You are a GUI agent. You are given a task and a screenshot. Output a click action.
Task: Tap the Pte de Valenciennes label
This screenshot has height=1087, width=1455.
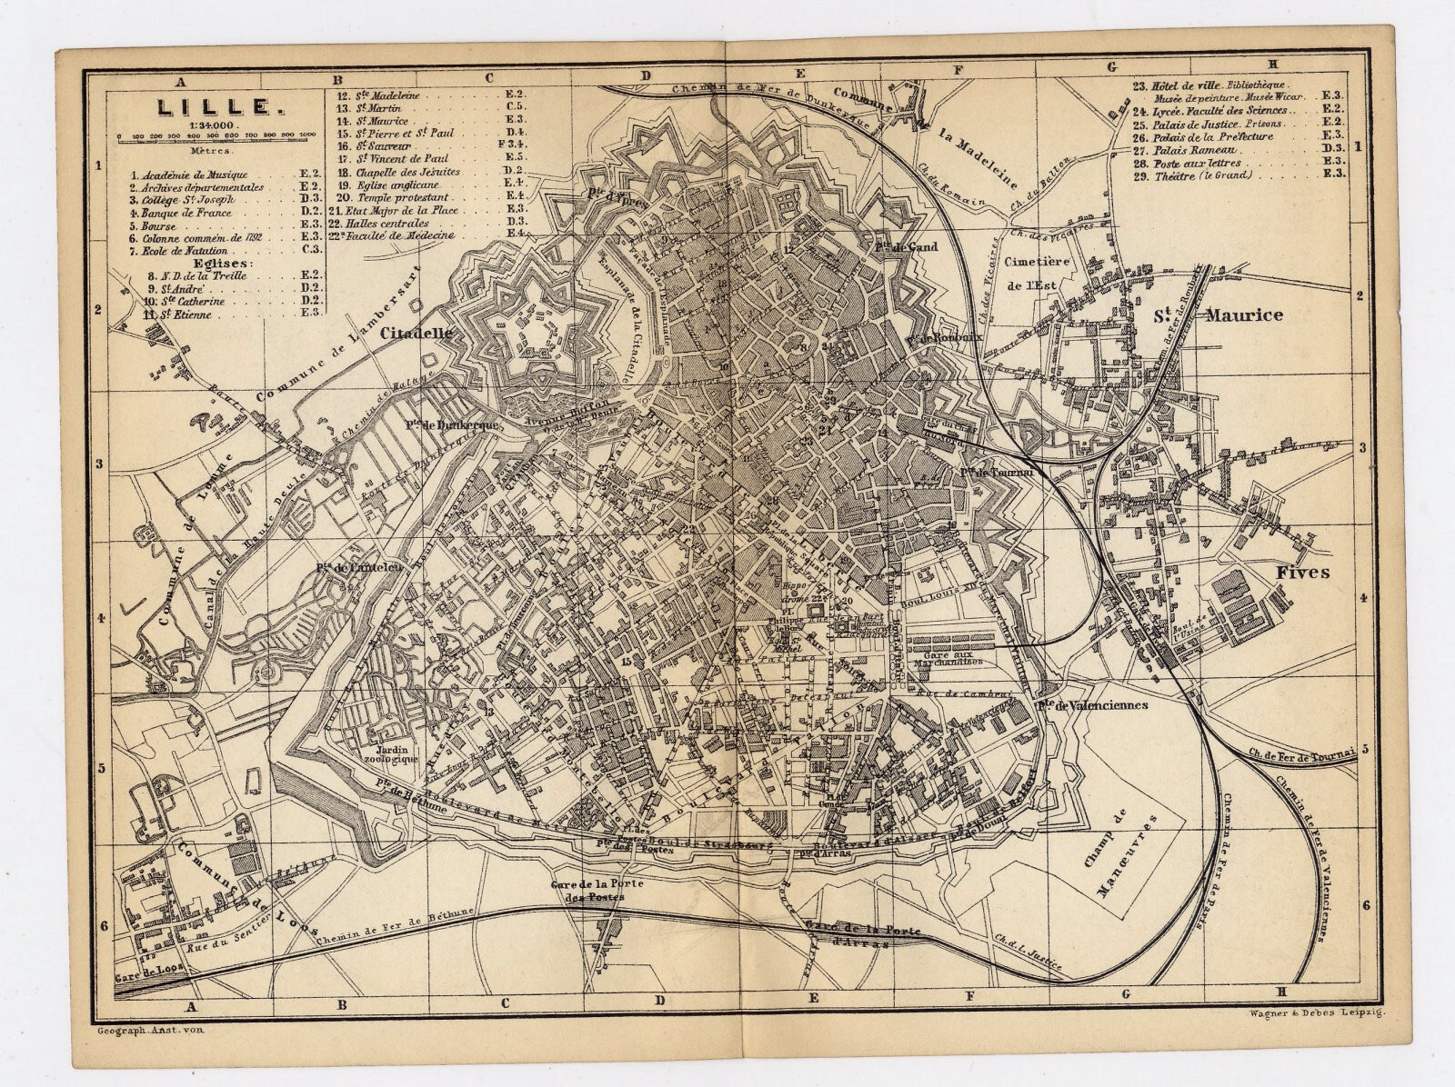click(x=1093, y=705)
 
